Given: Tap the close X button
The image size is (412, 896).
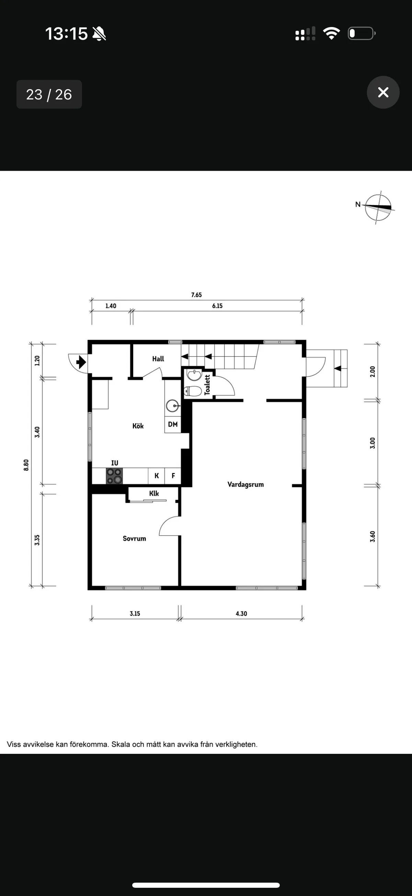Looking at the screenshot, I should click(383, 92).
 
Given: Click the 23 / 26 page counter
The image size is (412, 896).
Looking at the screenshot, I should click(49, 94).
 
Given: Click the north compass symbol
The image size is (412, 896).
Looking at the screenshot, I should click(378, 207).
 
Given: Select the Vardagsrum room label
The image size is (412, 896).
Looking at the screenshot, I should click(245, 484).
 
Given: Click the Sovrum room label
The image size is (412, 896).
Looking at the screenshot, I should click(134, 538).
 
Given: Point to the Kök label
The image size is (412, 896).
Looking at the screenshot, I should click(138, 426).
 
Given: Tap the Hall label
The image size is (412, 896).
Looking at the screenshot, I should click(158, 359).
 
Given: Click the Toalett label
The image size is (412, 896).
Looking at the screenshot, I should click(207, 385).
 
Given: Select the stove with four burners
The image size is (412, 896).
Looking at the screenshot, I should click(114, 476).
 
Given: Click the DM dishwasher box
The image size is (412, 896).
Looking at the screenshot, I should click(172, 424).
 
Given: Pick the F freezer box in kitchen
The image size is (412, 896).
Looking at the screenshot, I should click(173, 476).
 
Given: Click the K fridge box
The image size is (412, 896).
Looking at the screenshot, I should click(157, 476).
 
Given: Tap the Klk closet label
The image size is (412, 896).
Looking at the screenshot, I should click(154, 493).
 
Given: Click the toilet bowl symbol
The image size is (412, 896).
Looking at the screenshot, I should click(193, 391).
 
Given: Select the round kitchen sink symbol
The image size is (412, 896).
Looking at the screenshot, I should click(172, 406).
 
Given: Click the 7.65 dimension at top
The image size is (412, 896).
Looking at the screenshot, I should click(196, 295).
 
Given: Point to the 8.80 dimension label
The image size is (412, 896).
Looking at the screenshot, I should click(26, 465).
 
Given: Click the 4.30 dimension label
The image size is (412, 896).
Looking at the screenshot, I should click(241, 614).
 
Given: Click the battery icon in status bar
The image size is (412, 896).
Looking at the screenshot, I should click(361, 33).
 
